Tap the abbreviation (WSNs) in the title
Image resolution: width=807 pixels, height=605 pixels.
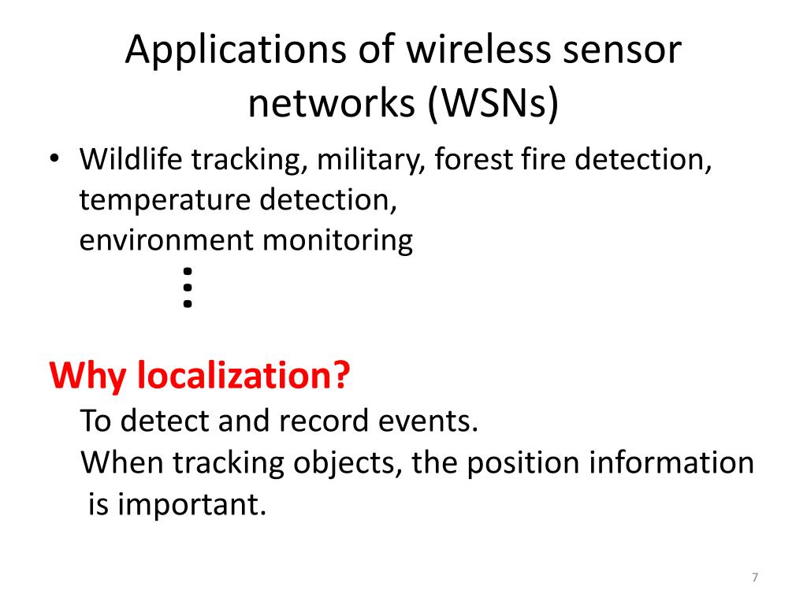(493, 105)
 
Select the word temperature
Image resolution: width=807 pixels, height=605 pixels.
(164, 201)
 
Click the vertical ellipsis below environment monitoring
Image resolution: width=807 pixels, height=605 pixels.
(187, 287)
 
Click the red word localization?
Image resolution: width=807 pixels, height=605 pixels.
(242, 377)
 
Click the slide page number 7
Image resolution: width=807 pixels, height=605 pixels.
(755, 578)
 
